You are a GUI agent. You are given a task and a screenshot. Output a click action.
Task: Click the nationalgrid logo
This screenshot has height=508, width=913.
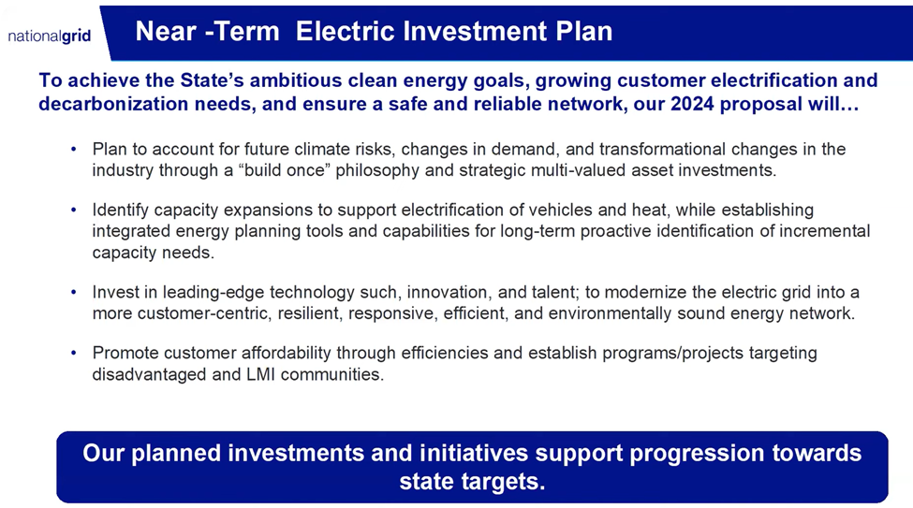pyautogui.click(x=50, y=36)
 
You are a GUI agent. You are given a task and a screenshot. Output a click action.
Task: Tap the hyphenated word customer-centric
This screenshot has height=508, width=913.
pyautogui.click(x=204, y=313)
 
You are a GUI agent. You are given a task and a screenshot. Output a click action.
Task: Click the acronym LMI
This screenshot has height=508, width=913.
pyautogui.click(x=260, y=374)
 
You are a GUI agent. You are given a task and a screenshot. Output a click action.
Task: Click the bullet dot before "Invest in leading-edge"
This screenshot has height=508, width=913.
pyautogui.click(x=73, y=292)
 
